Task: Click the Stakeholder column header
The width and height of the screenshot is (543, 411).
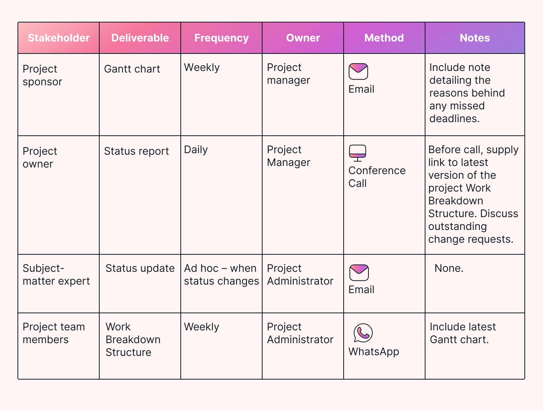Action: click(59, 38)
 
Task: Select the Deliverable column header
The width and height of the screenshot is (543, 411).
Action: click(140, 38)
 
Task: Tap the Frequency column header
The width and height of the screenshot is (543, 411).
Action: click(221, 38)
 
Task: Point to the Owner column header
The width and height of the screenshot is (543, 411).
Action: click(303, 38)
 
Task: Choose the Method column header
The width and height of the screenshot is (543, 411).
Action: click(384, 38)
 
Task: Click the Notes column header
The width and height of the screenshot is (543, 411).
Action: click(475, 38)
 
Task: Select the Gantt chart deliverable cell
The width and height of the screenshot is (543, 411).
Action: click(132, 69)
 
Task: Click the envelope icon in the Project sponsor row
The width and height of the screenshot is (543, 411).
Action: click(358, 72)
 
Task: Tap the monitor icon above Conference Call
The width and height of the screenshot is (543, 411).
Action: click(358, 153)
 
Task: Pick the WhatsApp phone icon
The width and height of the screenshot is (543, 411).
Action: click(363, 333)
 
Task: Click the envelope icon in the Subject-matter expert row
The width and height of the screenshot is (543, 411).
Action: click(359, 273)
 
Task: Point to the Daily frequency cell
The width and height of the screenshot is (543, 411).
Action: click(196, 150)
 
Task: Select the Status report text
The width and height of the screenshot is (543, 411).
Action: click(137, 151)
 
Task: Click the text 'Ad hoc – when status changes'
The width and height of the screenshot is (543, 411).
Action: click(221, 275)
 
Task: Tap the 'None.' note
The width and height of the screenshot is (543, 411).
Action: click(449, 268)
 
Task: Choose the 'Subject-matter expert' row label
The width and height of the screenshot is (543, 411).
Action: click(56, 275)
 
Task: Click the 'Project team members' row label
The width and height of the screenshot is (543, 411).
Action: click(54, 333)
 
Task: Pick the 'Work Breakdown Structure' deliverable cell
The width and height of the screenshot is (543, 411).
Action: click(133, 339)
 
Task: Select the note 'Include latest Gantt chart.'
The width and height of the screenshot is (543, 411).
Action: click(462, 333)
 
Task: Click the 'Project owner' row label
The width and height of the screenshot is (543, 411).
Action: click(40, 157)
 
